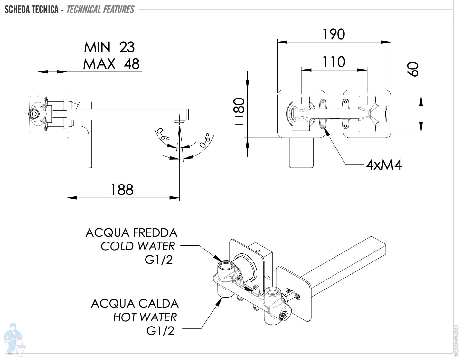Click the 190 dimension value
[334, 34]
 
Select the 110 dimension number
[334, 62]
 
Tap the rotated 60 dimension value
[413, 69]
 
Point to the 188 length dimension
[122, 190]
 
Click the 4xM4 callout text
[384, 165]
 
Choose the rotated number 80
[240, 105]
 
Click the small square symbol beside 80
[239, 121]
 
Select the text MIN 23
[109, 47]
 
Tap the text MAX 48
[111, 63]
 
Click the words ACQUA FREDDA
[131, 232]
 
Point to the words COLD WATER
[138, 246]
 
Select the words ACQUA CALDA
[135, 303]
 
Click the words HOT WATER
[145, 317]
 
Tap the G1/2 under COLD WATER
[159, 260]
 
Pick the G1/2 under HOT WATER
[160, 331]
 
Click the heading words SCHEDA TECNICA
[32, 9]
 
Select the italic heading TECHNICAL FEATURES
[100, 9]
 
